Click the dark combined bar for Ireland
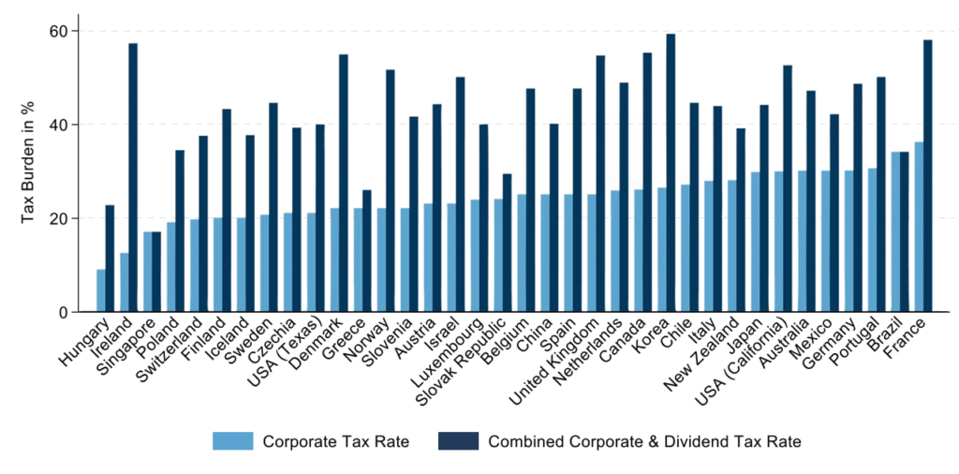(133, 178)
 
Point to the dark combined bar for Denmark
(344, 184)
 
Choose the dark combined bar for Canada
(647, 183)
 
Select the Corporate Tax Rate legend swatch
(232, 440)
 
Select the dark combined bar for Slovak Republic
(507, 243)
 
